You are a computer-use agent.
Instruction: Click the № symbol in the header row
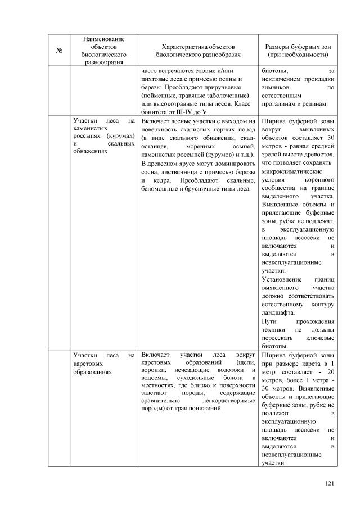click(x=59, y=51)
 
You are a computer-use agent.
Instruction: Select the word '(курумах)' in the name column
click(x=121, y=135)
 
